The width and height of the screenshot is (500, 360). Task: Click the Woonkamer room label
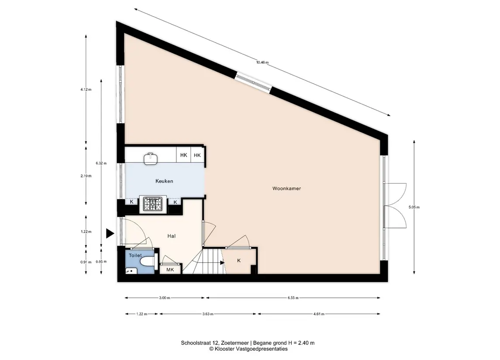tap(286, 189)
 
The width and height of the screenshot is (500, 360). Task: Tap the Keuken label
tap(164, 181)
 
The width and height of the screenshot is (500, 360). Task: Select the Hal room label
tap(172, 236)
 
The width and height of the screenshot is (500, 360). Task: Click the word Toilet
tap(135, 256)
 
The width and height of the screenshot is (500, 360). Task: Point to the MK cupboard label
tap(170, 270)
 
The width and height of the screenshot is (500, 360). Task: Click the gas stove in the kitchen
tap(153, 204)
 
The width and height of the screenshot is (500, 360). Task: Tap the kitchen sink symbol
tap(151, 159)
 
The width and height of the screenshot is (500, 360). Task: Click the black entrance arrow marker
tap(110, 233)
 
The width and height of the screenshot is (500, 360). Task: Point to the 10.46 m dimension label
tap(262, 62)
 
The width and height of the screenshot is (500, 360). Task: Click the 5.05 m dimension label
tap(414, 207)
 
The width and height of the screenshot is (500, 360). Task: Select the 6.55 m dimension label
tap(293, 298)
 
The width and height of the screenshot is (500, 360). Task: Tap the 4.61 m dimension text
tap(319, 314)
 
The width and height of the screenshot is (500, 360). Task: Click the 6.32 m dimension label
tap(101, 163)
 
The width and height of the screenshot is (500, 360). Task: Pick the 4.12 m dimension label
tap(86, 89)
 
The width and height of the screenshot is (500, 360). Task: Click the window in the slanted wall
tap(254, 82)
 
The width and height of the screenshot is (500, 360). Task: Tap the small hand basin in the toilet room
tap(131, 271)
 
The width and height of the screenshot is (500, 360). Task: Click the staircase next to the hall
tap(204, 261)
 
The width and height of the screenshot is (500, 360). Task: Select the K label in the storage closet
tap(239, 261)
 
